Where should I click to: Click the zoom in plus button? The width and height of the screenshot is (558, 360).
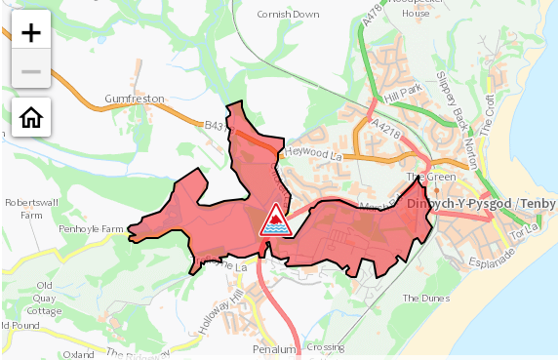[x=31, y=32]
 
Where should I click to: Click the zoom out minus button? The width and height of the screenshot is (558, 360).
[x=31, y=71]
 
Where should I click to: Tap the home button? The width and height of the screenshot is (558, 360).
[x=31, y=118]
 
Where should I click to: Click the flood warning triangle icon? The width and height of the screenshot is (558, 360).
[x=275, y=220]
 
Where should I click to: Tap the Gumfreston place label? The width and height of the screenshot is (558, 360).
[x=135, y=100]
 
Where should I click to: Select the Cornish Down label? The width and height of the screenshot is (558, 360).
[x=288, y=15]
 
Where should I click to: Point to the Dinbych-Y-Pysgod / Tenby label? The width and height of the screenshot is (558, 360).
[x=481, y=204]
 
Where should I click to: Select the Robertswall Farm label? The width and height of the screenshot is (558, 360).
[x=31, y=208]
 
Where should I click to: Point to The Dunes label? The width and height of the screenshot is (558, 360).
[x=422, y=298]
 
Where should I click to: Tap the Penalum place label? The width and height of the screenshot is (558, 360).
[x=273, y=348]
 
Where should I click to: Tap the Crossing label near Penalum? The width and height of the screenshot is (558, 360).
[x=325, y=347]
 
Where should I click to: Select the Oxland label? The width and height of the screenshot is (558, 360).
[x=78, y=355]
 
